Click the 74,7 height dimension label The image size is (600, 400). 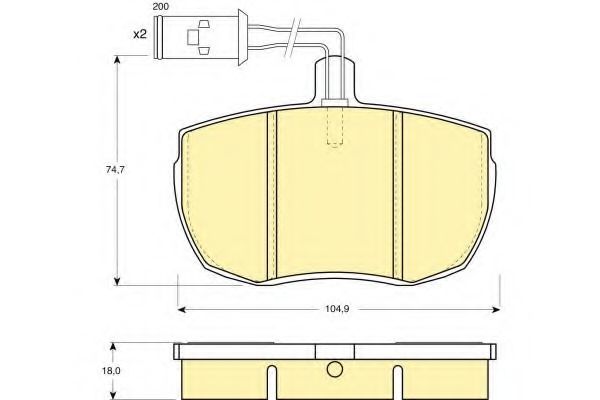pyautogui.click(x=115, y=170)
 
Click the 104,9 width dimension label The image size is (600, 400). pyautogui.click(x=337, y=309)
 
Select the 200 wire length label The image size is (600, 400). pyautogui.click(x=161, y=7)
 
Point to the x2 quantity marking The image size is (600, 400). pyautogui.click(x=140, y=34)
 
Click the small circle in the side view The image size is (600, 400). pyautogui.click(x=335, y=369)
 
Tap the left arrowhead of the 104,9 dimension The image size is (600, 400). pyautogui.click(x=182, y=309)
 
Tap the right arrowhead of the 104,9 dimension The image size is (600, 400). pyautogui.click(x=496, y=309)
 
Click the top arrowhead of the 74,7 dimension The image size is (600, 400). pyautogui.click(x=117, y=60)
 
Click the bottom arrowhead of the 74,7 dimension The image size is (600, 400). pyautogui.click(x=117, y=281)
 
